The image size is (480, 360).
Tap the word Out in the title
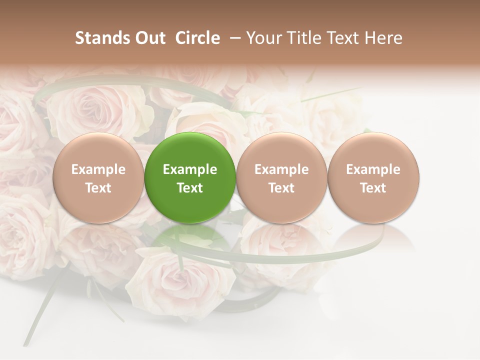click(148, 38)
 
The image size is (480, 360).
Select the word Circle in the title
click(197, 38)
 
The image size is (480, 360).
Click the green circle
click(190, 150)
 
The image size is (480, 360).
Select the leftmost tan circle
click(98, 150)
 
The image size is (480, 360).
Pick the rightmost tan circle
click(373, 150)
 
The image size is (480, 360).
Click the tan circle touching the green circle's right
click(281, 150)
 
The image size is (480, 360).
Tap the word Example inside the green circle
click(190, 169)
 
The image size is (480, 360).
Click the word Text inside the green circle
click(190, 188)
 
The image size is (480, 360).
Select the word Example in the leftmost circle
click(98, 169)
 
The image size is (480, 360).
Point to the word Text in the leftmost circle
click(98, 188)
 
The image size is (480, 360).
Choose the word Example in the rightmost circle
click(373, 169)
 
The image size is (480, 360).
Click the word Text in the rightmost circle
click(373, 188)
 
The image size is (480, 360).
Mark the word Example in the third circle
click(281, 169)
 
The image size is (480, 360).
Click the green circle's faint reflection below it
click(190, 240)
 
